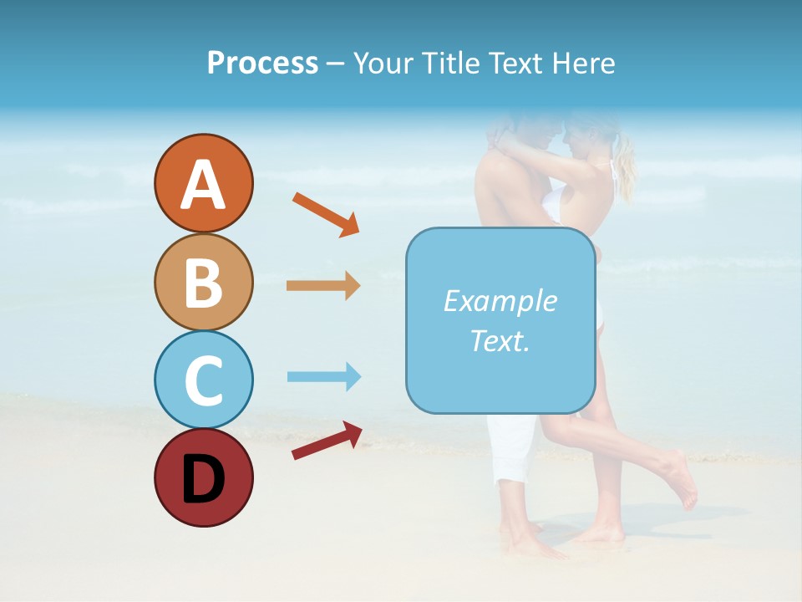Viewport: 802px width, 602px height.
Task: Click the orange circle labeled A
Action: point(203,184)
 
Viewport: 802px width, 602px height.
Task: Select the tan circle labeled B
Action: point(203,282)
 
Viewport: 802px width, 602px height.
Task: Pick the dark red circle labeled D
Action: point(203,477)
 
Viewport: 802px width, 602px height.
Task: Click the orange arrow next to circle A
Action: point(326,213)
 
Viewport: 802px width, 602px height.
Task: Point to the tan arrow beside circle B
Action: point(323,286)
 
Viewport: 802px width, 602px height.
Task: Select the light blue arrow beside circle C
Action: point(323,376)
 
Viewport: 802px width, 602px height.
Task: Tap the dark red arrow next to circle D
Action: point(327,441)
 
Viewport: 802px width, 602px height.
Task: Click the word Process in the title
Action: point(262,64)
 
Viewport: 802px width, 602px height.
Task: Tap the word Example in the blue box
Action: point(500,301)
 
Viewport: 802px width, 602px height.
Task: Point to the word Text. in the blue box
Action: point(500,340)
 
